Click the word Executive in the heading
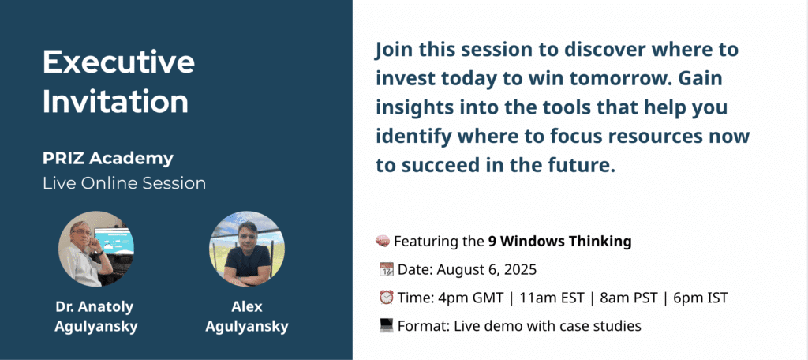(x=118, y=63)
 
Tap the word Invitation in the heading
(x=116, y=102)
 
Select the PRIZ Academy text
(x=108, y=159)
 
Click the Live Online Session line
(x=124, y=184)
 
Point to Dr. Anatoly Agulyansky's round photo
(x=95, y=249)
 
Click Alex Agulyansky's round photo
(x=247, y=249)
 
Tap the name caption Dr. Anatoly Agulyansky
(x=95, y=317)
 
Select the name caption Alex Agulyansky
(x=247, y=317)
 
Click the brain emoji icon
(x=382, y=241)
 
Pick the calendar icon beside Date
(x=386, y=269)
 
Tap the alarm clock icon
(x=386, y=298)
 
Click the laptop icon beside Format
(x=386, y=325)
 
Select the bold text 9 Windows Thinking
(x=559, y=242)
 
